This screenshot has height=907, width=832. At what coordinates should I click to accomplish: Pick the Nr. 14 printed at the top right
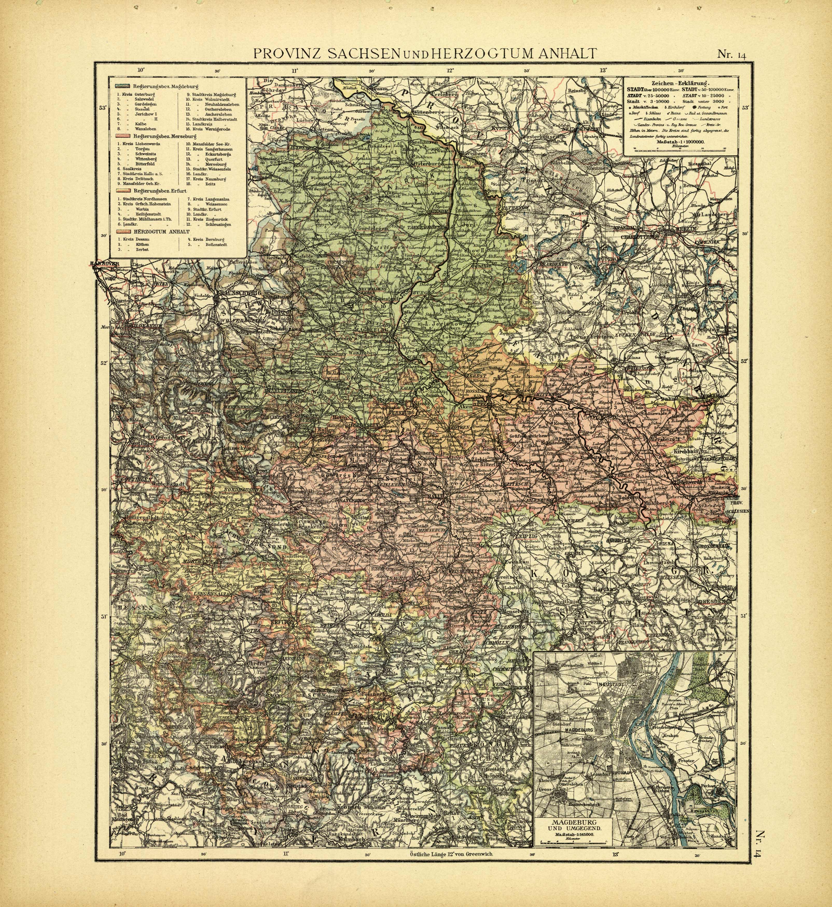tap(732, 55)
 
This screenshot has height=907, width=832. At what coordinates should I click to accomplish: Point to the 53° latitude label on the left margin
tap(102, 108)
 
